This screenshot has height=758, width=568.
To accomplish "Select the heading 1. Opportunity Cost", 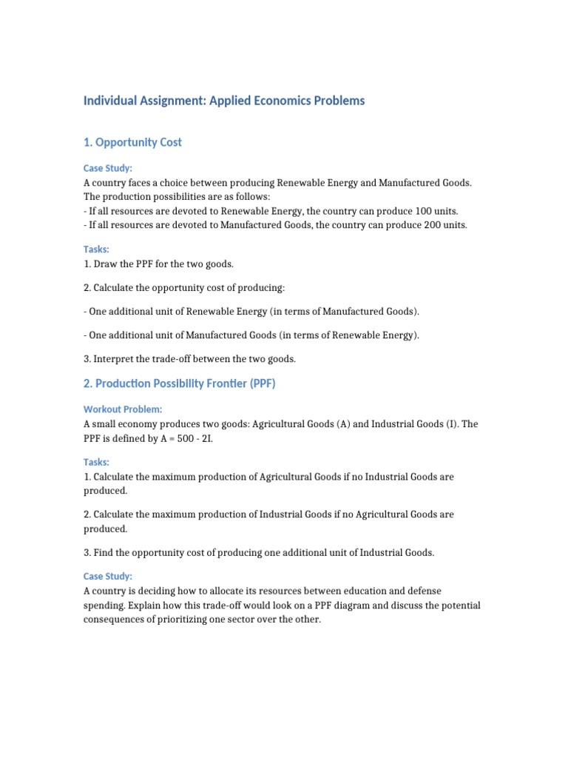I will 132,142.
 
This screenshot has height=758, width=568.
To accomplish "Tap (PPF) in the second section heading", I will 262,384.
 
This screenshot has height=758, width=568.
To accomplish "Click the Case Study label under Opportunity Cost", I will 108,169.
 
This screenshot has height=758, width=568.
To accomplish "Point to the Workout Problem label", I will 123,409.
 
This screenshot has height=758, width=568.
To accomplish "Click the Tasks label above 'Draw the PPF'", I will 96,249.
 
